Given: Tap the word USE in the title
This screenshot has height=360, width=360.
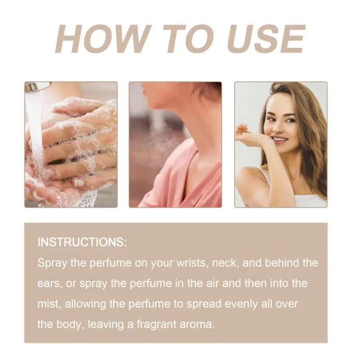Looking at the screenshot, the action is (x=266, y=39).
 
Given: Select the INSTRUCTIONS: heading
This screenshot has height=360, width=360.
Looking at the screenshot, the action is (x=82, y=242).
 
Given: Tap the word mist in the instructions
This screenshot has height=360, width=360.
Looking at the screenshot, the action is (x=49, y=304).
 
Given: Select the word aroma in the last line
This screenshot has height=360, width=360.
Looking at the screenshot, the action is (x=197, y=325).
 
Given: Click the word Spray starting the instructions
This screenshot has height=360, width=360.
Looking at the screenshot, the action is (x=52, y=263).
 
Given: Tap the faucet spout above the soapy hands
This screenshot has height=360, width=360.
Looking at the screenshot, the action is (x=37, y=87).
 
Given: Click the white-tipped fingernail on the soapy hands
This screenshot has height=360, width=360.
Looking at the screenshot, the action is (x=79, y=183).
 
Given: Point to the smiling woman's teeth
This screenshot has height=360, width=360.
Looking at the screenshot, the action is (x=279, y=139).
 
